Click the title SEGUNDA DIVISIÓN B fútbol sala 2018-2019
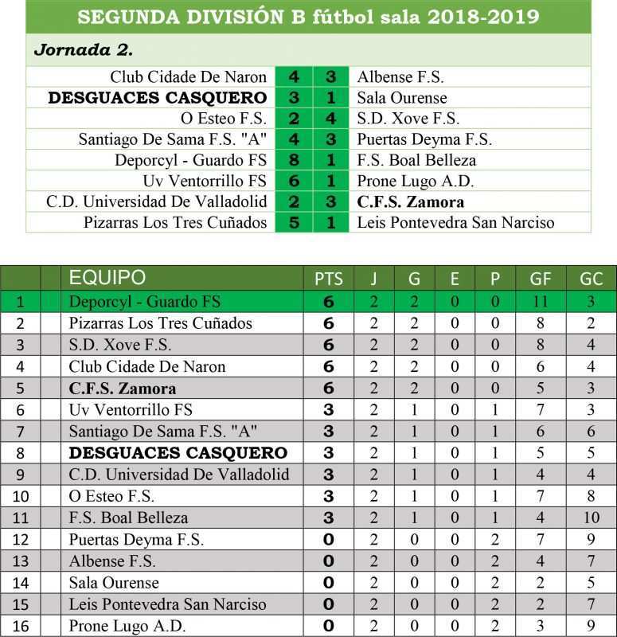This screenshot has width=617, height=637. click(x=308, y=17)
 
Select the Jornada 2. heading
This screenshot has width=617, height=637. click(x=83, y=49)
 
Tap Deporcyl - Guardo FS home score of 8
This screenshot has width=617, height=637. click(x=294, y=160)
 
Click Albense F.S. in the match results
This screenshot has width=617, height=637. click(x=400, y=77)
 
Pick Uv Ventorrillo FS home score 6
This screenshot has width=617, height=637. click(x=294, y=181)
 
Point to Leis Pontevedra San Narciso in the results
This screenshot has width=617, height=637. click(x=455, y=222)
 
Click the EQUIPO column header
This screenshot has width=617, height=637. click(x=107, y=278)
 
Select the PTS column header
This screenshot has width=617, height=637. click(x=329, y=279)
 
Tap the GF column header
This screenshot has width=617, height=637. click(x=541, y=279)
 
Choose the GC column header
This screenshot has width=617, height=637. click(x=591, y=279)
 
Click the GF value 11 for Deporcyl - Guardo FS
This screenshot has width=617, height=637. click(x=541, y=302)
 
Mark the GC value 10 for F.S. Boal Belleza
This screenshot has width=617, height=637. click(x=591, y=518)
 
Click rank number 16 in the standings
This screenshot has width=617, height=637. click(x=20, y=626)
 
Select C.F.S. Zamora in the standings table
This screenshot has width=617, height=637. click(x=122, y=389)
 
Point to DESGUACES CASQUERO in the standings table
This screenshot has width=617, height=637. click(x=178, y=453)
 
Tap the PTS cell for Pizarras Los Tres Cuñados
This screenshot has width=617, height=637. click(x=329, y=323)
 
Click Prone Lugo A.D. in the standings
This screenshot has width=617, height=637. click(x=127, y=626)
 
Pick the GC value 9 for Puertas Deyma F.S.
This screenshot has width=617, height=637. click(x=591, y=540)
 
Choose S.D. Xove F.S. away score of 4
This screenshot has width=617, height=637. click(x=331, y=119)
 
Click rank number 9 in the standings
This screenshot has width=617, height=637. click(x=20, y=475)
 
